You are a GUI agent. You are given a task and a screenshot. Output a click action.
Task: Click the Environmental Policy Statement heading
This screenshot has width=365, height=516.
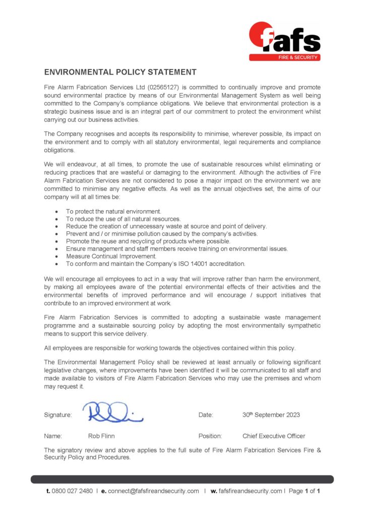pyautogui.click(x=120, y=72)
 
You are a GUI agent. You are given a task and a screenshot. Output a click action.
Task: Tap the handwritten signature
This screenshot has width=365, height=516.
pyautogui.click(x=113, y=412)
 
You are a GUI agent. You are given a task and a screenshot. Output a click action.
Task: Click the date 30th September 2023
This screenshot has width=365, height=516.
pyautogui.click(x=271, y=415)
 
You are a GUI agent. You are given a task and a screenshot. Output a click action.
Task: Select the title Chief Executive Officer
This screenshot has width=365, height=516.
pyautogui.click(x=274, y=436)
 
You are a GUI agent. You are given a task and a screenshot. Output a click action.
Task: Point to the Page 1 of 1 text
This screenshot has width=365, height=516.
pyautogui.click(x=305, y=491)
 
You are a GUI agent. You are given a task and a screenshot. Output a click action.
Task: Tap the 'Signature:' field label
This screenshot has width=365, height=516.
pyautogui.click(x=58, y=415)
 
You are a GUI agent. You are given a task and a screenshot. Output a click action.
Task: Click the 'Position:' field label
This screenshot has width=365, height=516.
pyautogui.click(x=210, y=436)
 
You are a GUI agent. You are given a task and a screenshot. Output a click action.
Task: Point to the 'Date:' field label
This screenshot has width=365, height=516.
pyautogui.click(x=206, y=415)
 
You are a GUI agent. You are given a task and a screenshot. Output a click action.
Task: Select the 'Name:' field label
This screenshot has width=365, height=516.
pyautogui.click(x=53, y=436)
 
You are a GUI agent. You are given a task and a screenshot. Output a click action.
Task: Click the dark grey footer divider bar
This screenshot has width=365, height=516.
pyautogui.click(x=182, y=479)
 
